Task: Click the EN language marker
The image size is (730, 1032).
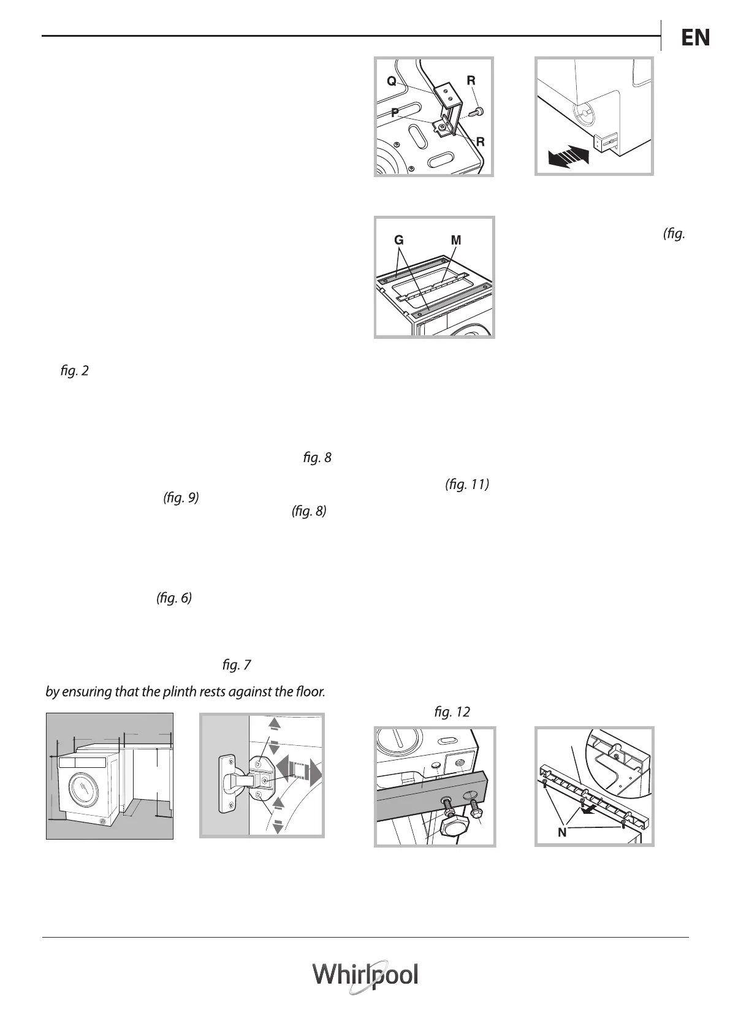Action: click(695, 38)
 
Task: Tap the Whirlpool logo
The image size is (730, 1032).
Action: click(366, 974)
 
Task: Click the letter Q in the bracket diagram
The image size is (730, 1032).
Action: click(390, 81)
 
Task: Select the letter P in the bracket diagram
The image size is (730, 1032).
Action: click(395, 112)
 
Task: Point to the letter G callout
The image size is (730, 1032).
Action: click(399, 241)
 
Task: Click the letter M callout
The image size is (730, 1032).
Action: click(456, 241)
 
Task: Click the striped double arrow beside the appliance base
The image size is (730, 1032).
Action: click(568, 154)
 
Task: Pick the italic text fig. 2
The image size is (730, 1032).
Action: click(75, 371)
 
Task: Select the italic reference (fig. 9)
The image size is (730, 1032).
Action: click(181, 498)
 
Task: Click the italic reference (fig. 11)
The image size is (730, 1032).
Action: click(466, 485)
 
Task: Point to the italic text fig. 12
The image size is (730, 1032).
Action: click(451, 712)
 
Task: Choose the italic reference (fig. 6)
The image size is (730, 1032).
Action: click(174, 598)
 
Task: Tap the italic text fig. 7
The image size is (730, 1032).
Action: click(237, 664)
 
